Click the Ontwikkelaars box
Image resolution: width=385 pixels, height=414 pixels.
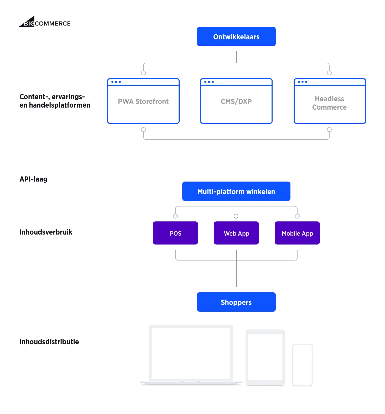(x=236, y=36)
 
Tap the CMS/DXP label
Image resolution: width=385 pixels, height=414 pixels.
(x=236, y=101)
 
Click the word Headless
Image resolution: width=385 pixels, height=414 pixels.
(x=329, y=99)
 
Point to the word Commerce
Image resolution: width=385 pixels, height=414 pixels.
(x=329, y=107)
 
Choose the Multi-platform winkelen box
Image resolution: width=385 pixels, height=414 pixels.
(x=236, y=192)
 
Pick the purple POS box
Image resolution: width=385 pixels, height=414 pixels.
(x=175, y=233)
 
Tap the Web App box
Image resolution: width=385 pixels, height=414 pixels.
(x=236, y=233)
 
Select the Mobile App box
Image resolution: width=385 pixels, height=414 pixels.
(x=297, y=233)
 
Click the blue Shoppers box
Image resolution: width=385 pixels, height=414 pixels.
(x=236, y=302)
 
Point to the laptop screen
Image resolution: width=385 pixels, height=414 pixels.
(x=191, y=353)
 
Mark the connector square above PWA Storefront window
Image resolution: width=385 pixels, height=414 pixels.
(x=144, y=72)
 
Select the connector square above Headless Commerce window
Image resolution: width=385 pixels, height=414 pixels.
(x=329, y=72)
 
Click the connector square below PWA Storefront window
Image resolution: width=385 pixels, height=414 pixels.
(x=144, y=129)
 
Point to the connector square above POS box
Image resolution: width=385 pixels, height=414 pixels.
(x=175, y=216)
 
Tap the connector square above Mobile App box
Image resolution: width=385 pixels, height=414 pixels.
(x=297, y=216)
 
